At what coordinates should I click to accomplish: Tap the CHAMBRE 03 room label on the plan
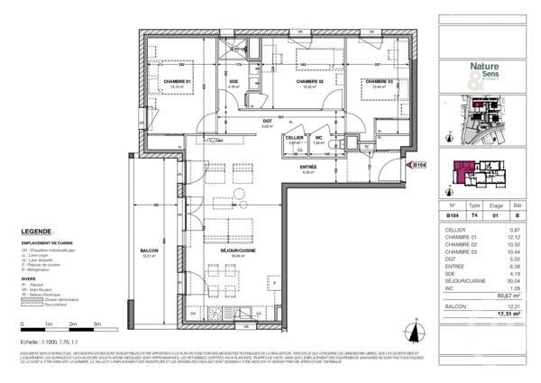[x=380, y=82]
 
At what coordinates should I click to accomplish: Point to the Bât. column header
[x=517, y=205]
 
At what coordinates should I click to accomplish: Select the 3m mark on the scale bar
[x=96, y=322]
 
